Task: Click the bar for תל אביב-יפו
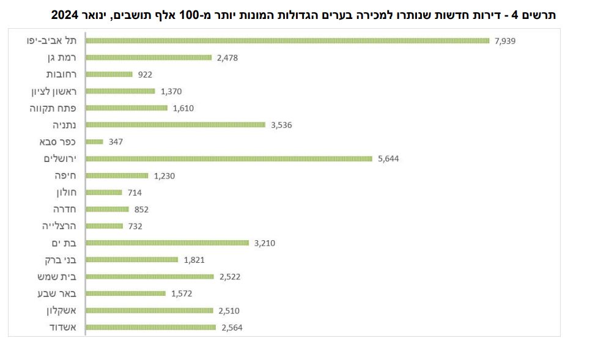pos(287,41)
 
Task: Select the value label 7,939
pos(507,41)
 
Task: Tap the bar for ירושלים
pos(229,159)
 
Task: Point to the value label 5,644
pos(390,159)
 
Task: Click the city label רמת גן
pos(62,57)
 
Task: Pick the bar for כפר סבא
pos(95,142)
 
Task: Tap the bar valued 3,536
pos(177,125)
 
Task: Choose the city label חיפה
pos(68,175)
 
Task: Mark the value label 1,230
pos(165,176)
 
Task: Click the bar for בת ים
pos(168,243)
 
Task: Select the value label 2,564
pos(233,328)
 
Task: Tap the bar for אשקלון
pos(150,310)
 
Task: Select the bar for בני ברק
pos(131,260)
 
